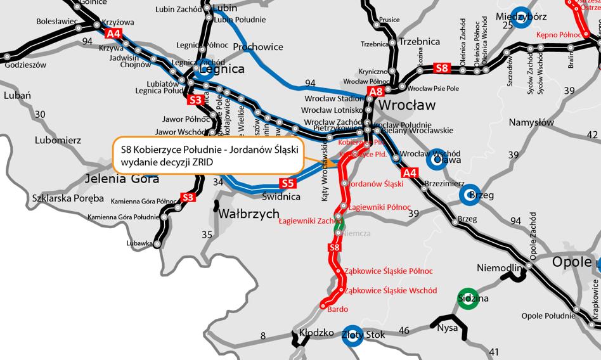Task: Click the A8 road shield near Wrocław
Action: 376,92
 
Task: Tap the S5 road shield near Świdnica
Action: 288,184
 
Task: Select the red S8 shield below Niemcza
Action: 335,247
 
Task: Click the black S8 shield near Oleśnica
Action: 442,67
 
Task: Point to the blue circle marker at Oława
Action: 436,159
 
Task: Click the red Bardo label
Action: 337,309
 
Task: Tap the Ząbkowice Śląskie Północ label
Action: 389,271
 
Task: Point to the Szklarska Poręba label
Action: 68,198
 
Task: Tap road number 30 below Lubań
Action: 40,114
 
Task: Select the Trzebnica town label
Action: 420,42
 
